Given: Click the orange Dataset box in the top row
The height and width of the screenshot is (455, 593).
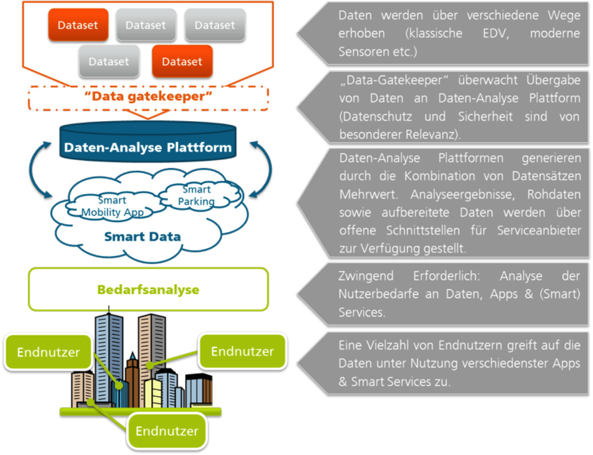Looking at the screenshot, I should [x=78, y=25].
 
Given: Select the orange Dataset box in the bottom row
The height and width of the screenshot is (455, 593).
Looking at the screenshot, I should [x=182, y=61].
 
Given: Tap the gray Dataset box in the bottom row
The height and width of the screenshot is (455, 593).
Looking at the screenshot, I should [x=109, y=61].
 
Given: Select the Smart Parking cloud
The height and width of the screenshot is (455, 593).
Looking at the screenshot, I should [x=196, y=196].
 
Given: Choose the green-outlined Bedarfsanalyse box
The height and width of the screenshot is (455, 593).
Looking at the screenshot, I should [x=148, y=290].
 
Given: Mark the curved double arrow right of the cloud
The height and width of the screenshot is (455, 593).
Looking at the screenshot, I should [x=261, y=169].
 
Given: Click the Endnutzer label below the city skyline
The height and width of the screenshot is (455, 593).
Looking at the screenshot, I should [x=167, y=431].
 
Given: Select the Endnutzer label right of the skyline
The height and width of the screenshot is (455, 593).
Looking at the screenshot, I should [x=243, y=351].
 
